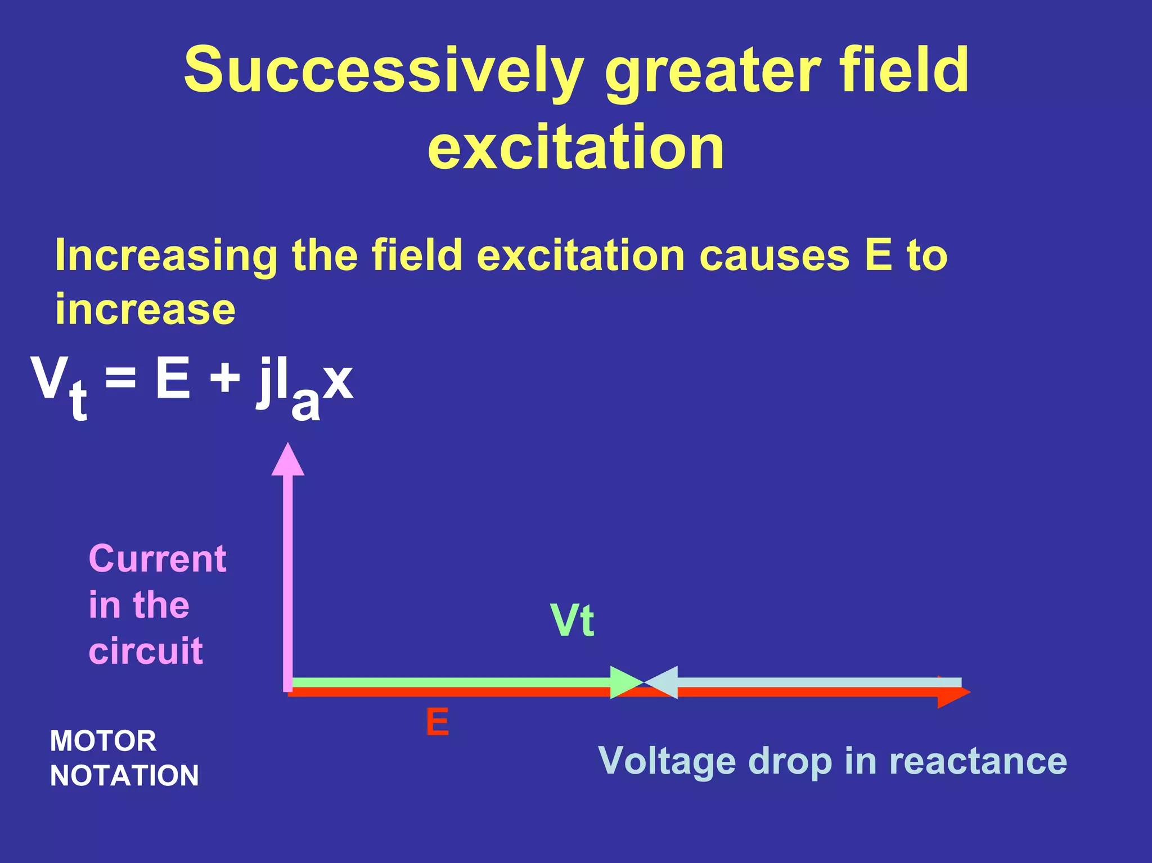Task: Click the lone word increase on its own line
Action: pos(145,310)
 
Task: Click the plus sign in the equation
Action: pos(225,378)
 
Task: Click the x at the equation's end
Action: pos(338,381)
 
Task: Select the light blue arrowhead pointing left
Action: pos(663,682)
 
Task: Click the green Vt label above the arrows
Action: pos(572,621)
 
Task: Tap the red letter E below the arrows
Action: pos(437,722)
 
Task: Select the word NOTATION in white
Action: pos(124,776)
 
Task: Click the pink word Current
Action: pos(157,559)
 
